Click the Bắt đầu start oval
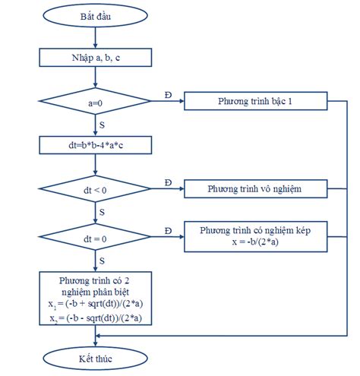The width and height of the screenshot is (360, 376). pyautogui.click(x=96, y=15)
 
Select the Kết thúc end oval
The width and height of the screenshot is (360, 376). pyautogui.click(x=96, y=359)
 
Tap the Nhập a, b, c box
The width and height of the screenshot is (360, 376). pyautogui.click(x=96, y=58)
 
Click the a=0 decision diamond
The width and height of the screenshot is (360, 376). pyautogui.click(x=96, y=101)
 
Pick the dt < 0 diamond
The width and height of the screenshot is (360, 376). pyautogui.click(x=96, y=188)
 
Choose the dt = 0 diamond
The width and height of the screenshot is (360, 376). pyautogui.click(x=96, y=237)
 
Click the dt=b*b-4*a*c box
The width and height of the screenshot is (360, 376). pyautogui.click(x=96, y=145)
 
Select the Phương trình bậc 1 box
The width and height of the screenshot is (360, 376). pyautogui.click(x=256, y=101)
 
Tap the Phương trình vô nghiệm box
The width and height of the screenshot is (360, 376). pyautogui.click(x=256, y=188)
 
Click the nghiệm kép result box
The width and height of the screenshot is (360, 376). pyautogui.click(x=256, y=237)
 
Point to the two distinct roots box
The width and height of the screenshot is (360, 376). pyautogui.click(x=96, y=299)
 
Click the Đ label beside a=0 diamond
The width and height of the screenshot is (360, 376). pyautogui.click(x=168, y=95)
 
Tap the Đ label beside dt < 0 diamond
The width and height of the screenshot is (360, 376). pyautogui.click(x=168, y=182)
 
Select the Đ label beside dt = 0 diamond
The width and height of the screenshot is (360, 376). pyautogui.click(x=168, y=231)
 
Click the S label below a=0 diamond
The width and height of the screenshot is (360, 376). pyautogui.click(x=102, y=125)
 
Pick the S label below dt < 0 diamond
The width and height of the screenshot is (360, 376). pyautogui.click(x=102, y=212)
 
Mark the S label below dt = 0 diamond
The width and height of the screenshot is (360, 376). pyautogui.click(x=102, y=261)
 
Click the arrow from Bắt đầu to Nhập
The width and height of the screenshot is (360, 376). pyautogui.click(x=96, y=38)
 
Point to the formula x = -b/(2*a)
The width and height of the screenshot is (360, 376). pyautogui.click(x=255, y=242)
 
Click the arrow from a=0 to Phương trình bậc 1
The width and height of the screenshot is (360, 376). pyautogui.click(x=168, y=101)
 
